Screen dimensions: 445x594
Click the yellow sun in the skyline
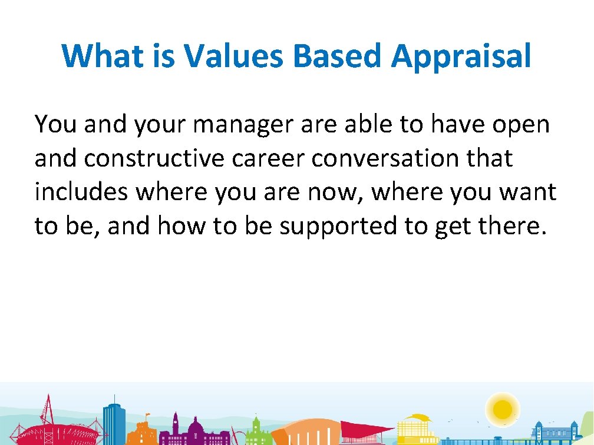(503, 407)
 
